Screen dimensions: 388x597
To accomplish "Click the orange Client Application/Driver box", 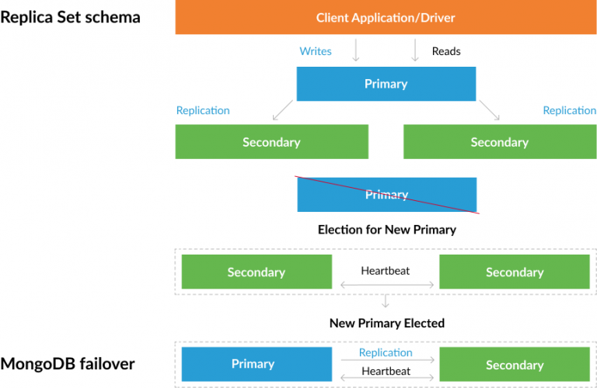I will click(386, 17).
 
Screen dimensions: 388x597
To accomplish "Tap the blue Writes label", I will click(316, 51).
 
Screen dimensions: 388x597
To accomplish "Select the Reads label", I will click(446, 51).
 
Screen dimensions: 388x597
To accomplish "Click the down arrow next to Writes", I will click(356, 51).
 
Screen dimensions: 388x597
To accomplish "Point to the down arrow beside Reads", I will click(415, 51).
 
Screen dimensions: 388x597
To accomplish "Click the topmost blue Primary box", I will click(386, 84).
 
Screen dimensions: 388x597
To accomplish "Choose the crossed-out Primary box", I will click(386, 195).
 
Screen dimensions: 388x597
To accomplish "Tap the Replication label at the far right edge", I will click(569, 110).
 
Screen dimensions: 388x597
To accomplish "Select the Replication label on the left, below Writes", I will click(203, 110).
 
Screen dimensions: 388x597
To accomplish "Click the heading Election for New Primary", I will click(386, 230).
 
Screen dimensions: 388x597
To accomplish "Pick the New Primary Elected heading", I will click(386, 323).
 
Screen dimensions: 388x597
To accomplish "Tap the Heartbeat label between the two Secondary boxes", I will click(386, 271).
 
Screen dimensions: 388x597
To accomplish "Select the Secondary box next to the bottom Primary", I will click(514, 365).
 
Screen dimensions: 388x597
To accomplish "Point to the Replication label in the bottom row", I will click(386, 352).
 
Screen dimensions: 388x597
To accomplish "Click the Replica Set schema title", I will click(71, 16).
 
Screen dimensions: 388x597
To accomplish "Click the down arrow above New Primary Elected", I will click(386, 301).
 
